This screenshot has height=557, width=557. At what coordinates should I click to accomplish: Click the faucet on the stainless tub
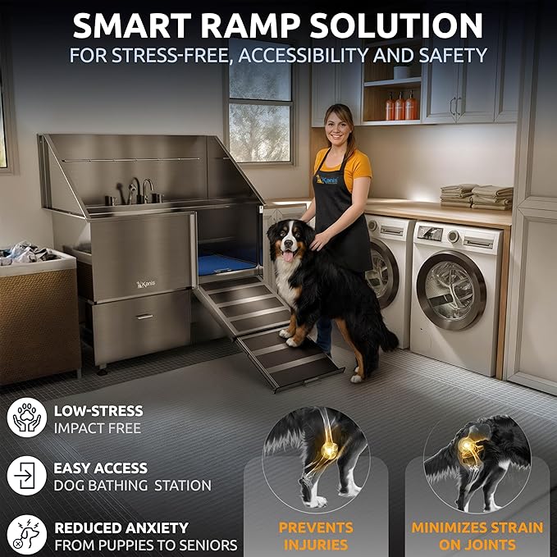(147, 189)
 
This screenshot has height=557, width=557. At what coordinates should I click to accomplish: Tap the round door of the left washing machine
(381, 274)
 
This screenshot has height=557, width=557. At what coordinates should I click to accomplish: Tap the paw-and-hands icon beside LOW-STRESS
(26, 418)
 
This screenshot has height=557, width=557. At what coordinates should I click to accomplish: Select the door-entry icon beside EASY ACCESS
(26, 475)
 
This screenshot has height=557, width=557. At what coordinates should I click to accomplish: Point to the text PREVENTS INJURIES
(316, 536)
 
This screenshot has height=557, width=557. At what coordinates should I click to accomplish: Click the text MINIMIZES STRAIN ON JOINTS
(476, 536)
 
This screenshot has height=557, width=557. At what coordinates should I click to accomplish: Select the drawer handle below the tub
(145, 316)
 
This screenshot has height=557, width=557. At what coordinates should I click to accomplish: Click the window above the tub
(259, 110)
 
